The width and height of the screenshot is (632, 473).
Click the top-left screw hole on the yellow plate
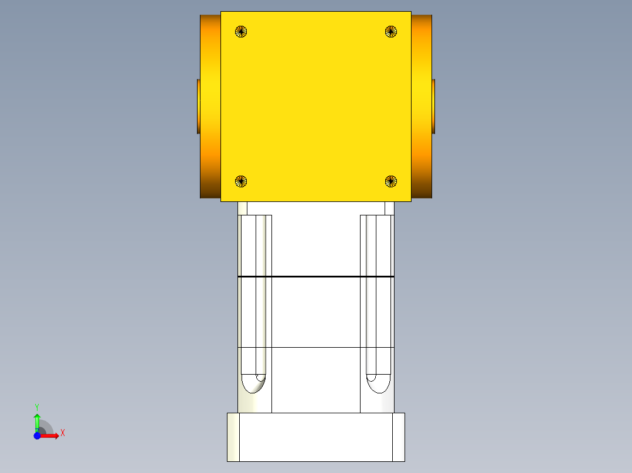coord(241,32)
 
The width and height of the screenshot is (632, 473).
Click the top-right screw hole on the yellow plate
coord(391,32)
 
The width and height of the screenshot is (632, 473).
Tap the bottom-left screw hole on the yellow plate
coord(241,181)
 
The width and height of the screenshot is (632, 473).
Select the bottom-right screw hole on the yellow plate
coord(391,181)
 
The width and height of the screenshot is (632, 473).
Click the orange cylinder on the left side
coord(210,105)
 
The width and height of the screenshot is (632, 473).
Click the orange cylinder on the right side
coord(422,105)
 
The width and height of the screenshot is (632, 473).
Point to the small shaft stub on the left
coord(199,106)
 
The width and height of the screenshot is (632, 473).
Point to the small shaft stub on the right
coord(433,106)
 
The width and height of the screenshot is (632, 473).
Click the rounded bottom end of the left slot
coord(254,383)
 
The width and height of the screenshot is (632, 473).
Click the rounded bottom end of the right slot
coord(378,383)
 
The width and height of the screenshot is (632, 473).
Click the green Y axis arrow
coord(37,420)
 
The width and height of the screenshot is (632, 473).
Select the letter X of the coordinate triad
coord(63,433)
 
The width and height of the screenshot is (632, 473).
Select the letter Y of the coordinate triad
coord(37,406)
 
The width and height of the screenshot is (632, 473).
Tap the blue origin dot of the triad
coord(37,436)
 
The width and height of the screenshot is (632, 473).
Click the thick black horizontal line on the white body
coord(316,276)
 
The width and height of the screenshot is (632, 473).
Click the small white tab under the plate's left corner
coord(243,208)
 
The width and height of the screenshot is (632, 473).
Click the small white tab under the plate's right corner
coord(389,208)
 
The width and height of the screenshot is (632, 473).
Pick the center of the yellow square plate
coord(316,107)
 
